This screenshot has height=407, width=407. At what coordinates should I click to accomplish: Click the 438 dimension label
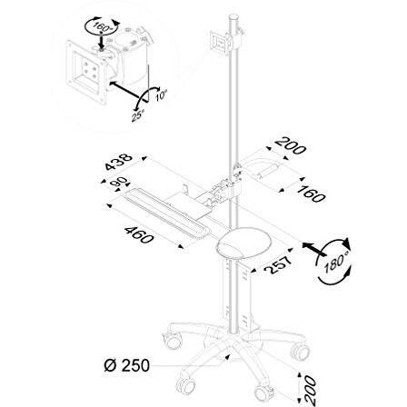pyautogui.click(x=117, y=163)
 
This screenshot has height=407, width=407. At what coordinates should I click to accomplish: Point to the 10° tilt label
pyautogui.click(x=162, y=93)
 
